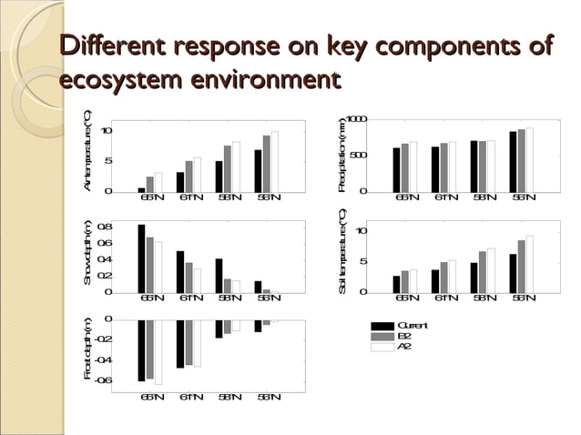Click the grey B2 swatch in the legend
382,336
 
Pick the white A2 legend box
382,347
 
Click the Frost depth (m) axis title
86,348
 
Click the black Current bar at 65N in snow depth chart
142,258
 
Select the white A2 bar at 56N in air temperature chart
274,161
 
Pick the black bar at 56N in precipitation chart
513,161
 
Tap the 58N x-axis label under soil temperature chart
484,297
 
